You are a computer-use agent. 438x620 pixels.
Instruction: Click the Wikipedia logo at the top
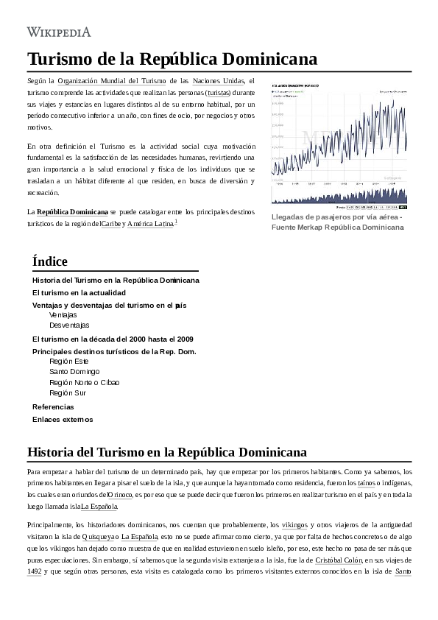pyautogui.click(x=59, y=31)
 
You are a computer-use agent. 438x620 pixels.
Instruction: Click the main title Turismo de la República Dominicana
pyautogui.click(x=172, y=59)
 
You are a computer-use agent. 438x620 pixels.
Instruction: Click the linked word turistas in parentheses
pyautogui.click(x=218, y=93)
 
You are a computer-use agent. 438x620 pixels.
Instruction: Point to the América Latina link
pyautogui.click(x=150, y=223)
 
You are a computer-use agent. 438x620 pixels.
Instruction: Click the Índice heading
pyautogui.click(x=50, y=261)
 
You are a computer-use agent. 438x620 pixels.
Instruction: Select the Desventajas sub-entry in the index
pyautogui.click(x=69, y=325)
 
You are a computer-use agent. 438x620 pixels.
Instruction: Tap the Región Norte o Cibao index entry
pyautogui.click(x=84, y=382)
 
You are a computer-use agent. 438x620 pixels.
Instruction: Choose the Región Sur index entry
pyautogui.click(x=68, y=393)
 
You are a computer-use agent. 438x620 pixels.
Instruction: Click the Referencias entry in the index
pyautogui.click(x=53, y=406)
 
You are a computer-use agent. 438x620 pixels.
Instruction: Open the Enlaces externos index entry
pyautogui.click(x=63, y=420)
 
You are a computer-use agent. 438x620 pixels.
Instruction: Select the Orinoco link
pyautogui.click(x=120, y=495)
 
